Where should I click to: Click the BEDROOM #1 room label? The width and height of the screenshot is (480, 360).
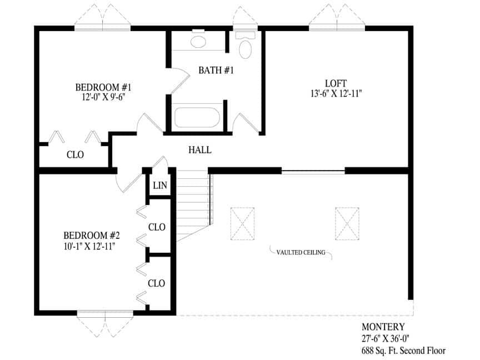click(103, 87)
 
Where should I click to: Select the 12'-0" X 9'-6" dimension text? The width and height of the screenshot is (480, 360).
click(103, 98)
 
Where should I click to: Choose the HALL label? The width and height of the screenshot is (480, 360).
click(200, 150)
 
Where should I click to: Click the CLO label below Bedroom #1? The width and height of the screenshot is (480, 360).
click(75, 155)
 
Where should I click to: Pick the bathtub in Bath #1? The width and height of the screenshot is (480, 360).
click(198, 118)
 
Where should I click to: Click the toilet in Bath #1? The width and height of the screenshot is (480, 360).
click(245, 47)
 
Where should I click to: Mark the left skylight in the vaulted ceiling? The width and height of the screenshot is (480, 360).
click(242, 222)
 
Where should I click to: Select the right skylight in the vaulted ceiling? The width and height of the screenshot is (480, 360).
click(348, 222)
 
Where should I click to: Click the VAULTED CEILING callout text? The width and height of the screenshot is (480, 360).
click(301, 252)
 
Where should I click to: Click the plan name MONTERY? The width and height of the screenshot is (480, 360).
click(383, 327)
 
